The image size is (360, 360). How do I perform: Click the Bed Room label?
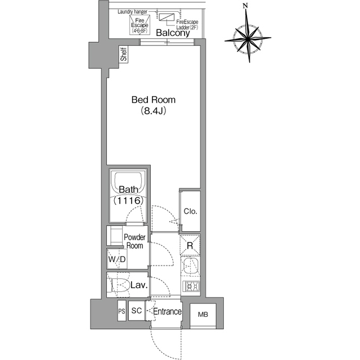click(x=154, y=100)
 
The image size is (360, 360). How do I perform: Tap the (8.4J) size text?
click(x=154, y=111)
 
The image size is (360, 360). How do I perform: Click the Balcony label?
click(x=173, y=33)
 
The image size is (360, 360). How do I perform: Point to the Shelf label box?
click(x=124, y=54)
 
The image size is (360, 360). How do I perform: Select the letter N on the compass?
click(x=246, y=6)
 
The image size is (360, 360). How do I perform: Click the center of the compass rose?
click(x=248, y=38)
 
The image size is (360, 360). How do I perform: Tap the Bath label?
click(x=129, y=190)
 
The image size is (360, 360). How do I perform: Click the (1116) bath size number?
click(x=129, y=201)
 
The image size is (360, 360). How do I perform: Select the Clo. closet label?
click(x=190, y=211)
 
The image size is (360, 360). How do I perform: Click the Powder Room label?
click(x=135, y=241)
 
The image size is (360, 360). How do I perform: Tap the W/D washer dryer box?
click(x=117, y=259)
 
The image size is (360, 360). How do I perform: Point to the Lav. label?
click(x=139, y=285)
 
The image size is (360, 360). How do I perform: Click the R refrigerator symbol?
click(x=190, y=245)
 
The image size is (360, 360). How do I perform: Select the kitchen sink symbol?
click(x=190, y=266)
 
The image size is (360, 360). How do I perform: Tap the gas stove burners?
click(x=191, y=286)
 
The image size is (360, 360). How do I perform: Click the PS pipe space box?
click(x=121, y=310)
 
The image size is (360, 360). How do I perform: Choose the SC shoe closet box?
click(x=137, y=310)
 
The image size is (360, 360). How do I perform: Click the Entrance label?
click(x=167, y=312)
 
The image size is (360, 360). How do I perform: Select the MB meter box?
click(x=203, y=314)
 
